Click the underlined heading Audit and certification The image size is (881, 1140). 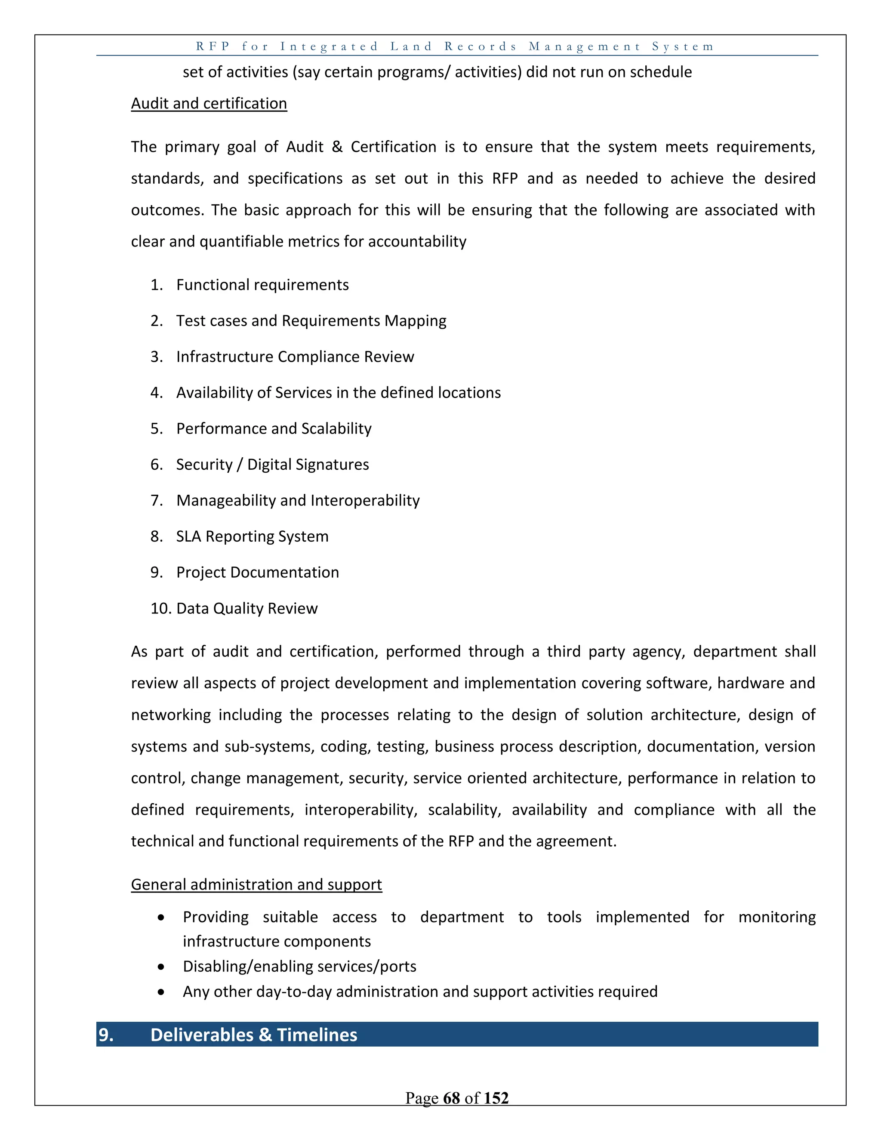(209, 103)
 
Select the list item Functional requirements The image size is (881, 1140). (262, 285)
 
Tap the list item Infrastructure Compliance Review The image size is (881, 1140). (295, 357)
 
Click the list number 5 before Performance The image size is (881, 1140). (156, 428)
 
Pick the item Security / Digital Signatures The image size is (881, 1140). (272, 465)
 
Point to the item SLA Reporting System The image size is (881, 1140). (252, 536)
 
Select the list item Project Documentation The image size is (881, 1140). (257, 573)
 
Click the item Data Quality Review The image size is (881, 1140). (247, 609)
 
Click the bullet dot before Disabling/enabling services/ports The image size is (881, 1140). (161, 967)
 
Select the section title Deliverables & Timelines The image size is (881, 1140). (254, 1035)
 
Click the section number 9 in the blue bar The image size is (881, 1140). (106, 1035)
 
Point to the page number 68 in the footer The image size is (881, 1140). (451, 1098)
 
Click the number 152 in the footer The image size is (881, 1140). (496, 1098)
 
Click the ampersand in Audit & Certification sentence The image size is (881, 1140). (337, 147)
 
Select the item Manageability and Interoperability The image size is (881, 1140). (298, 501)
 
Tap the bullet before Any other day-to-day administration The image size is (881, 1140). (161, 992)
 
